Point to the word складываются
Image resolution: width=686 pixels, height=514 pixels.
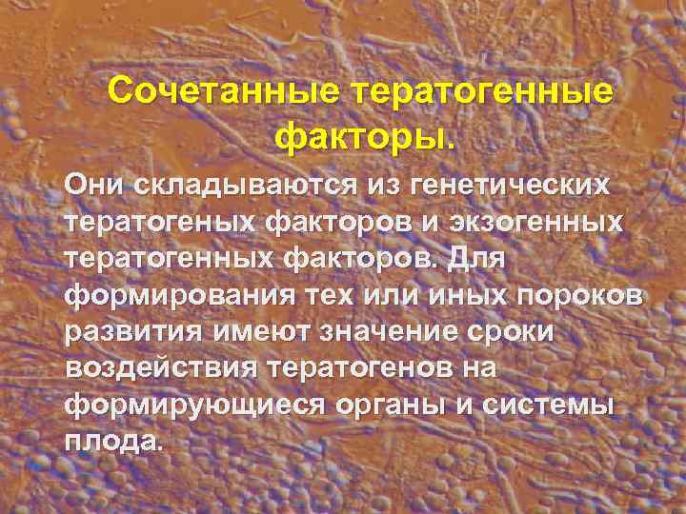[x=242, y=186]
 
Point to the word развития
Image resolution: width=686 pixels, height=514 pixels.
[x=127, y=333]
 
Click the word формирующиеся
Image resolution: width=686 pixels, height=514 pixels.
[x=194, y=407]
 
